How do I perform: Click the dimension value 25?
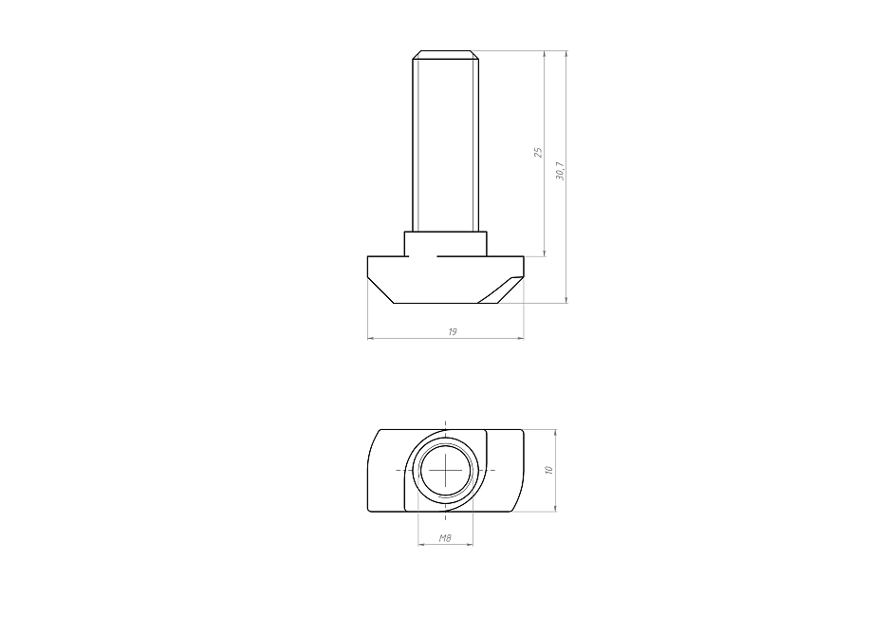tap(538, 152)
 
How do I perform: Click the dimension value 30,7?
tap(560, 171)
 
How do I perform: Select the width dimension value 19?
tap(452, 331)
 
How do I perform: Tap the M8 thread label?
tap(445, 538)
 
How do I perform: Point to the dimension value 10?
tap(548, 470)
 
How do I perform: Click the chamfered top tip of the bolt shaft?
tap(445, 54)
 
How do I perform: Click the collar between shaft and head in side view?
tap(445, 244)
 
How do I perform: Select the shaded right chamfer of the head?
tap(500, 290)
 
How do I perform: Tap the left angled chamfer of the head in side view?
tap(380, 291)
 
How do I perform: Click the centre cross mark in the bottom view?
tap(446, 470)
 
